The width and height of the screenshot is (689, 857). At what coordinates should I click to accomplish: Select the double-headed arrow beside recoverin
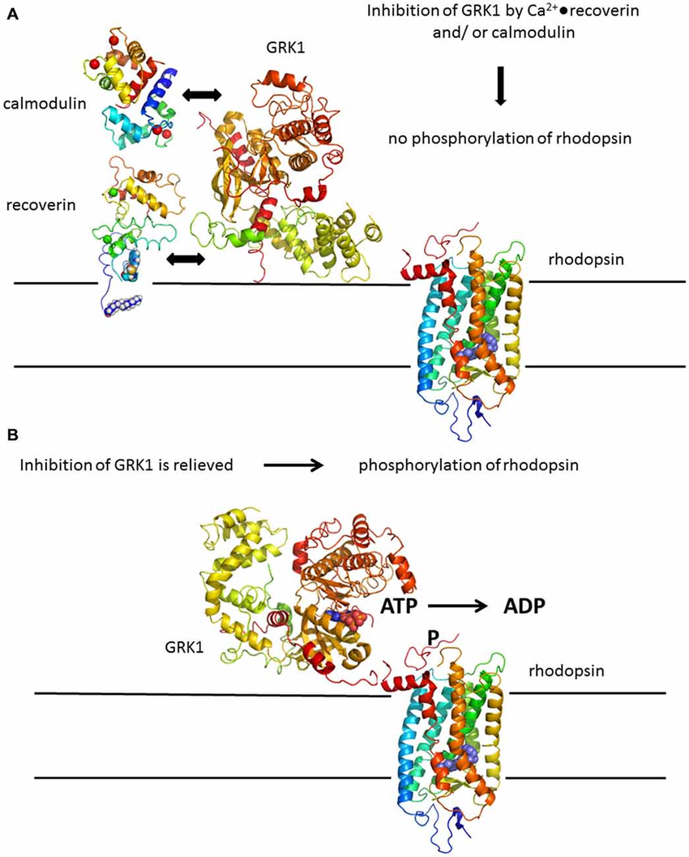coord(185,259)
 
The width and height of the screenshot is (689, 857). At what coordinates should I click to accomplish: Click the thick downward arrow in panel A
coord(500,89)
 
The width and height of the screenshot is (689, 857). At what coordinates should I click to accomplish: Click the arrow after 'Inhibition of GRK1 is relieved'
coord(293,465)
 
